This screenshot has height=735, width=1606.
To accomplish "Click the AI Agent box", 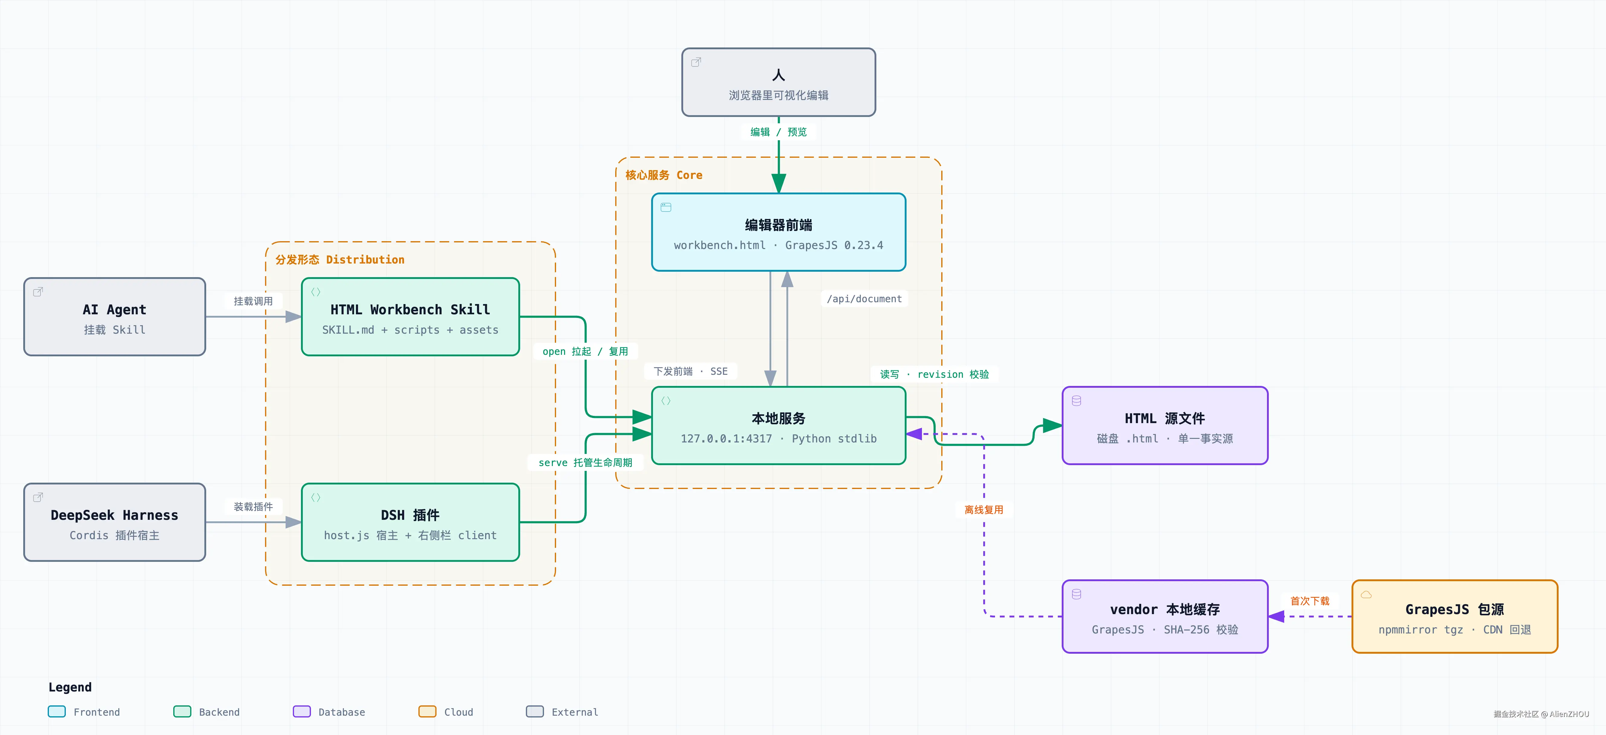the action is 115,317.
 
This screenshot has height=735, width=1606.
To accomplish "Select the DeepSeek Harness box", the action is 115,522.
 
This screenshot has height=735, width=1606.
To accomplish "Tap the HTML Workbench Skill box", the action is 410,317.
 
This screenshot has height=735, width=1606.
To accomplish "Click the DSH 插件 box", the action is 410,522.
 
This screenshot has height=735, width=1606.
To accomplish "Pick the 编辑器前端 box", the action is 779,232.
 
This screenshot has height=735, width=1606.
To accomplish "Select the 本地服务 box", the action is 779,426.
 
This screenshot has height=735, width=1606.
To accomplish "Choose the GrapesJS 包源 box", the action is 1454,617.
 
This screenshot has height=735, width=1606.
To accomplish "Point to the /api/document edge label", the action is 864,299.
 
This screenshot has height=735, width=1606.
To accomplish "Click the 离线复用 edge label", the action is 984,510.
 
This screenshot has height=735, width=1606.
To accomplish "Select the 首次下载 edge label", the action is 1310,601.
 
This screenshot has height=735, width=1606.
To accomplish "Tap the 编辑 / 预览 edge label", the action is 779,132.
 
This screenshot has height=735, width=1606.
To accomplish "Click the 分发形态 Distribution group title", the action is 340,260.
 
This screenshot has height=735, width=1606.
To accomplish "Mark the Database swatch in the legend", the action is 302,711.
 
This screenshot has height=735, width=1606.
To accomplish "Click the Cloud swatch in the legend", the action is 427,711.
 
